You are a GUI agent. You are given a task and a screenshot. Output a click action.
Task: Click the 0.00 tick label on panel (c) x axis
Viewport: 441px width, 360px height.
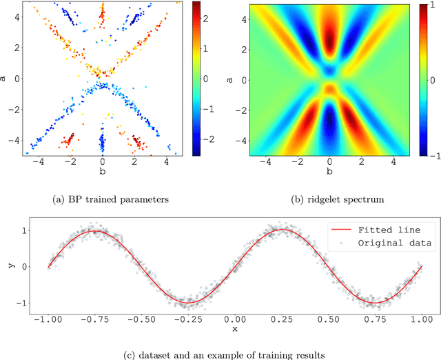click(234, 319)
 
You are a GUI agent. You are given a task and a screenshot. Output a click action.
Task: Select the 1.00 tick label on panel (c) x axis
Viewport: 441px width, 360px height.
click(420, 319)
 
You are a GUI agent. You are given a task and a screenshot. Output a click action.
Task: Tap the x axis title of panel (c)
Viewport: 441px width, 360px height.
click(234, 330)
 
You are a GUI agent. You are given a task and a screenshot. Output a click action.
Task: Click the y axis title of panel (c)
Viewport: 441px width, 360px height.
click(9, 266)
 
